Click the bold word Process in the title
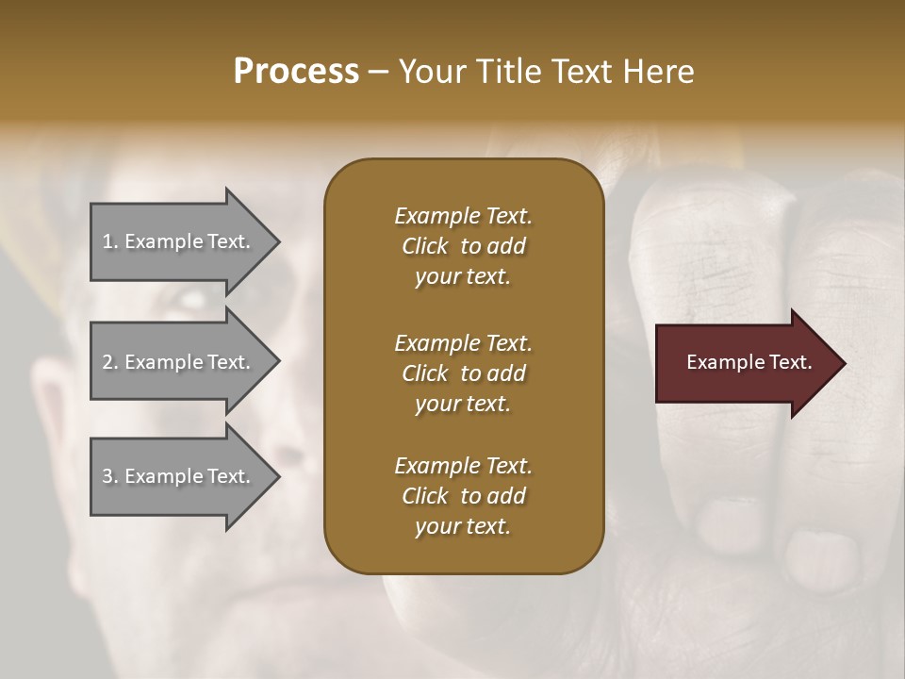(x=296, y=72)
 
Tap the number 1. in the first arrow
(x=110, y=241)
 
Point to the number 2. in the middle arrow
(x=110, y=362)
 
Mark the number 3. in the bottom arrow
(x=110, y=476)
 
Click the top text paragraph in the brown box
(x=463, y=246)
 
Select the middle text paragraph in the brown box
(x=463, y=373)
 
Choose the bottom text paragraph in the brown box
(x=463, y=496)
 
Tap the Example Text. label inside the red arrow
(x=749, y=362)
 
